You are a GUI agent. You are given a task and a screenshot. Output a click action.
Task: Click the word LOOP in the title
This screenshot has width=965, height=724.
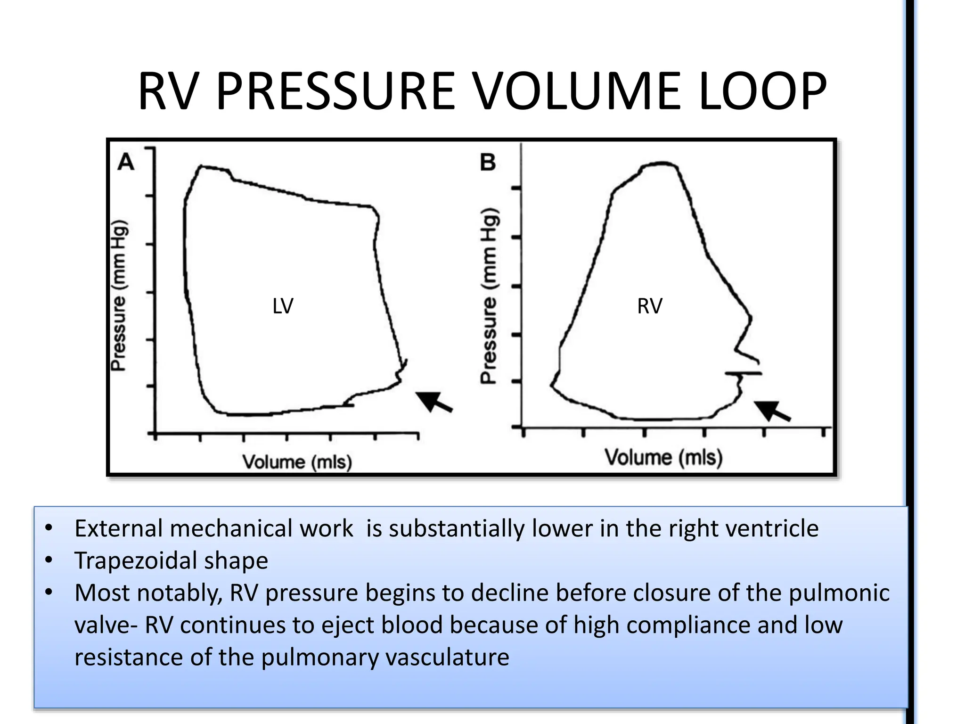(762, 91)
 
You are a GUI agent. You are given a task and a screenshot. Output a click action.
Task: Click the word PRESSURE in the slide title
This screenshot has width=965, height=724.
(335, 91)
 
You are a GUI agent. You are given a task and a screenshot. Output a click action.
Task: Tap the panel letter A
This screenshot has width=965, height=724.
(126, 163)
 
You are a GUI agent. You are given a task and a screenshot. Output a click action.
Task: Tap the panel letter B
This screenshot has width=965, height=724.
(488, 163)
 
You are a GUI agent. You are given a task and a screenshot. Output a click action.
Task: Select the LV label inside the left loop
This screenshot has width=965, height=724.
(283, 306)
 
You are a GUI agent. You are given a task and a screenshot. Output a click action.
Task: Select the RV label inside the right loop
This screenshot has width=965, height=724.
(649, 306)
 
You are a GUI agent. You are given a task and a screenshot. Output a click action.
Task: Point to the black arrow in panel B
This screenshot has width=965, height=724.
(772, 410)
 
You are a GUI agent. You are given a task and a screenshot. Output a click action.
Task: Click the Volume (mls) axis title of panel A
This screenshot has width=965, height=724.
(297, 461)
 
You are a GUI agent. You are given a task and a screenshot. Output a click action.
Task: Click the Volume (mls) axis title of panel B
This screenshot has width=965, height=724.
(663, 457)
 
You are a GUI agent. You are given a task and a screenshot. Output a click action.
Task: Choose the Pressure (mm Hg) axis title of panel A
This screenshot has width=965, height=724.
(119, 296)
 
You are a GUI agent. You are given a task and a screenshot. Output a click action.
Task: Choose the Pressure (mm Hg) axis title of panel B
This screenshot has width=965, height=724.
(489, 296)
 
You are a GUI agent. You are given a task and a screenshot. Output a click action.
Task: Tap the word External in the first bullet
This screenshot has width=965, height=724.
(118, 528)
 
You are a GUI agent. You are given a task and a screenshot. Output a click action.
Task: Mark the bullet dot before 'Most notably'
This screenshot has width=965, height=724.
(49, 592)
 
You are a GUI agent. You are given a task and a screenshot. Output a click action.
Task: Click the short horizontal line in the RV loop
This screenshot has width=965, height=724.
(743, 373)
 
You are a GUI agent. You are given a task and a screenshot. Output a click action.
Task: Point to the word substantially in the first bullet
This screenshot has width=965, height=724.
(456, 528)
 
